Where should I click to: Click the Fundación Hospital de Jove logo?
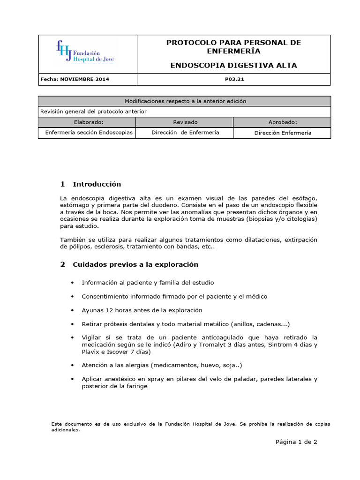click(85, 52)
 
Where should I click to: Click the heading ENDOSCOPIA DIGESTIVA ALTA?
click(233, 65)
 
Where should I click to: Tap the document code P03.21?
click(234, 79)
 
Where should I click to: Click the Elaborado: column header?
click(87, 122)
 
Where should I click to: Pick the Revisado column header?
click(185, 122)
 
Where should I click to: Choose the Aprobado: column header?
click(283, 122)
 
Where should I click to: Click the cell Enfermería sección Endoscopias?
click(89, 133)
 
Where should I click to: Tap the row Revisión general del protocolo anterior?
click(94, 112)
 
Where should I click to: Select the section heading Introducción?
click(97, 184)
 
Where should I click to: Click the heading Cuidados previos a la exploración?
click(135, 264)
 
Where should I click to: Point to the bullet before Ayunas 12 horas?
click(72, 310)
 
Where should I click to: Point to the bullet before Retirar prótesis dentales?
click(72, 324)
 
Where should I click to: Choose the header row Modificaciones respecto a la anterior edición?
click(185, 101)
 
